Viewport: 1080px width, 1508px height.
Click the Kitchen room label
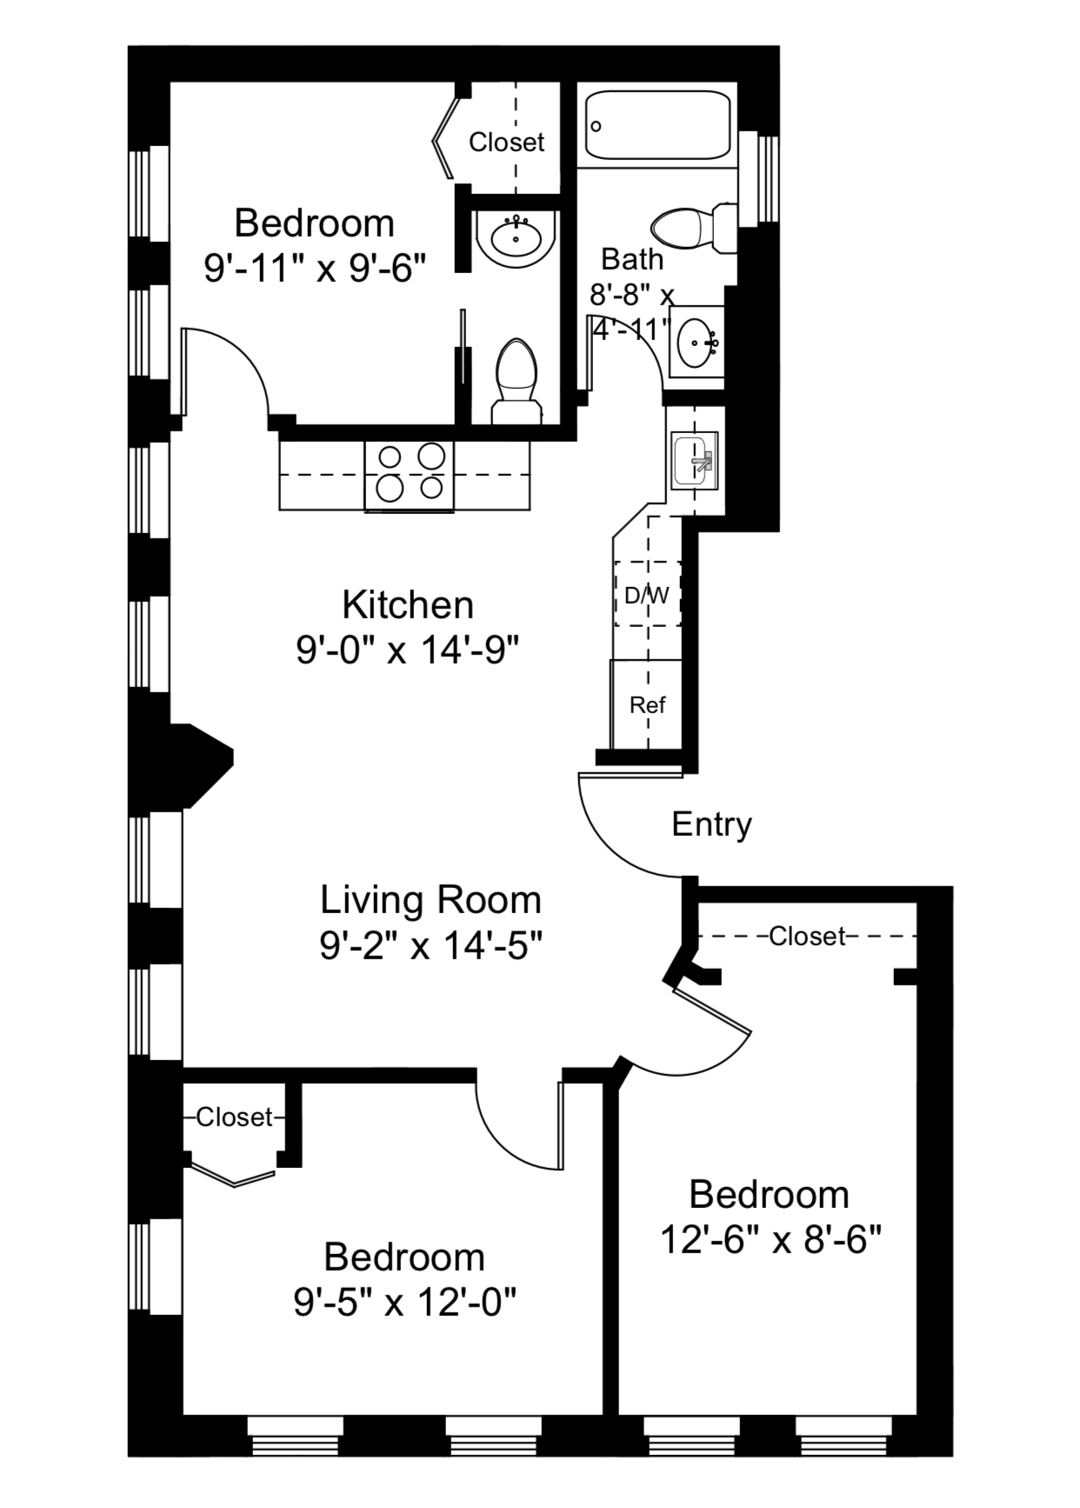[407, 604]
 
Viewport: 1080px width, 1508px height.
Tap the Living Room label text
[430, 899]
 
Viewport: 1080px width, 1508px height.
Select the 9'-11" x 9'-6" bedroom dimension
[315, 268]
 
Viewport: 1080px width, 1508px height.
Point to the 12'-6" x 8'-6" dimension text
[770, 1239]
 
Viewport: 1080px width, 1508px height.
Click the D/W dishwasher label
[647, 596]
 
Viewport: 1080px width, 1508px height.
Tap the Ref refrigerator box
[647, 704]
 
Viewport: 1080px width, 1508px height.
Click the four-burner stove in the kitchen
[409, 474]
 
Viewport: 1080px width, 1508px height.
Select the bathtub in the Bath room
[657, 125]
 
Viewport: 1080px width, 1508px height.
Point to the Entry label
[711, 824]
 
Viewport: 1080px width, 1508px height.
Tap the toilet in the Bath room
[692, 228]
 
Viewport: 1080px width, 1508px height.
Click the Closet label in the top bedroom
[506, 142]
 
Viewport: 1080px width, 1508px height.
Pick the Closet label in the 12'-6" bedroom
[806, 936]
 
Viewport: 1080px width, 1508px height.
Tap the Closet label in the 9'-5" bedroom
[234, 1117]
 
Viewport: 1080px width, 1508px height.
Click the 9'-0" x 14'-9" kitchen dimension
[407, 650]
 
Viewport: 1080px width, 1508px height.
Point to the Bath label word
[632, 259]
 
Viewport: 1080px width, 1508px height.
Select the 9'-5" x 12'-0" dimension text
[404, 1302]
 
